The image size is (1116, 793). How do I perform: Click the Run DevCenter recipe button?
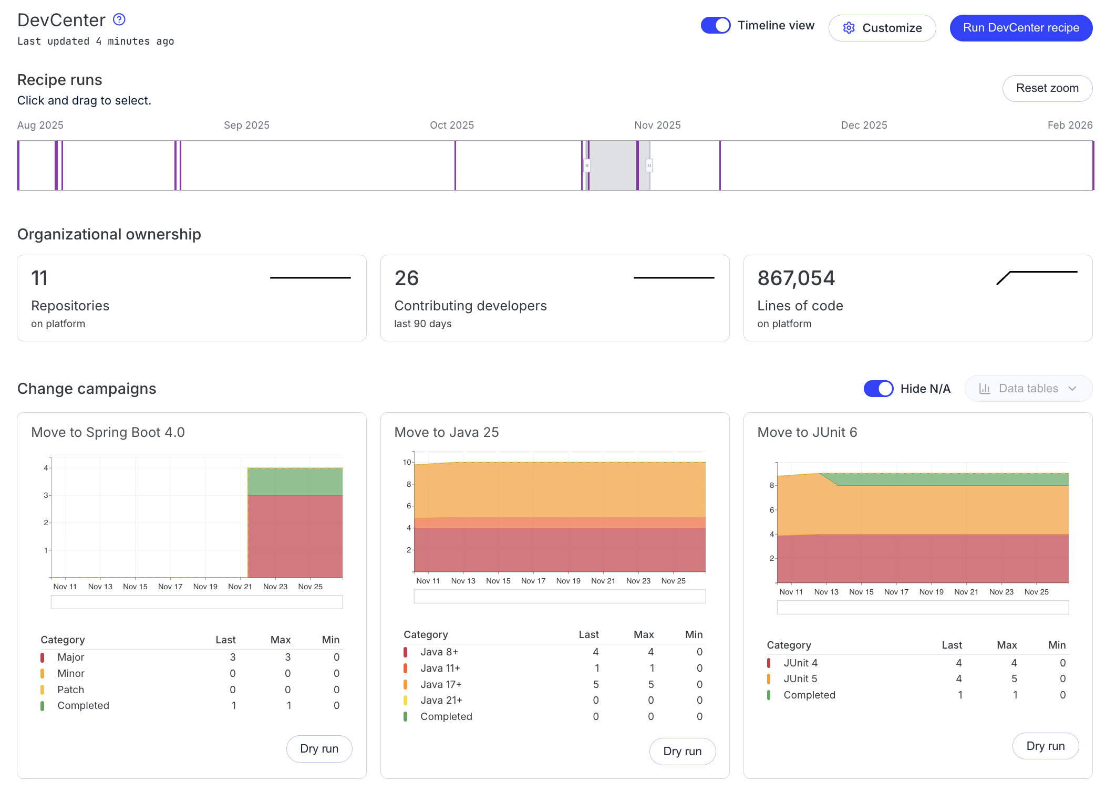coord(1020,28)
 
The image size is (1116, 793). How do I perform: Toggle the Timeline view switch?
coord(715,25)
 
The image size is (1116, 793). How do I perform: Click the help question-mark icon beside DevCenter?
coord(119,19)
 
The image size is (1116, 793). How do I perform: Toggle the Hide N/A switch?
coord(878,389)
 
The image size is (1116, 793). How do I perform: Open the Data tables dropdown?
coord(1028,389)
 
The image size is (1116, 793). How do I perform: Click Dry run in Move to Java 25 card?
coord(682,751)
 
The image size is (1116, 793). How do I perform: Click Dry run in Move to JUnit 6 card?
coord(1045,746)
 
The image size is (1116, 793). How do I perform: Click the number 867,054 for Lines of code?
coord(795,278)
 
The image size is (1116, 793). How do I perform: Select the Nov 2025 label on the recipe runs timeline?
coord(657,125)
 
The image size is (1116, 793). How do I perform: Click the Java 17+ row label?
coord(441,684)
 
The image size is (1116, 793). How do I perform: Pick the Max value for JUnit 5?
coord(1014,679)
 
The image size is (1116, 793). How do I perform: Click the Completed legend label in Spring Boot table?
coord(83,705)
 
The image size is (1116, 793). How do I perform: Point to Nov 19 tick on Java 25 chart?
coord(568,581)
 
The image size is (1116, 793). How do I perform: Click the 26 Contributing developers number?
coord(406,278)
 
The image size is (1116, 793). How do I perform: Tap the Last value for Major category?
coord(232,657)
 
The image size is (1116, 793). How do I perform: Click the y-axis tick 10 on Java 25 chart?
coord(407,462)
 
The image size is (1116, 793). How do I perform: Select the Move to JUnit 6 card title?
coord(807,432)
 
